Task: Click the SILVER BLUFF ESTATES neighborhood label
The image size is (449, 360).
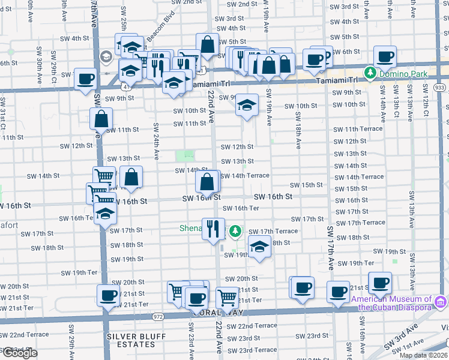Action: click(x=136, y=336)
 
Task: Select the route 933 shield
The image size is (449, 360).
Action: click(x=441, y=88)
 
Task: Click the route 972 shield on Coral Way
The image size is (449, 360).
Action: click(x=158, y=316)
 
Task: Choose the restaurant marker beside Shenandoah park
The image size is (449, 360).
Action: click(x=213, y=228)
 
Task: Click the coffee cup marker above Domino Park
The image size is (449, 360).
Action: click(x=385, y=56)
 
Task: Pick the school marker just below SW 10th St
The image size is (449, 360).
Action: click(x=247, y=104)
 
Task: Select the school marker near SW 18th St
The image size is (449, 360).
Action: click(x=259, y=247)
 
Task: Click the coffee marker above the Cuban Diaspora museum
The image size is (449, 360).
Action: click(x=379, y=282)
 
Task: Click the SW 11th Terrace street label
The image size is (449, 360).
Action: click(x=358, y=130)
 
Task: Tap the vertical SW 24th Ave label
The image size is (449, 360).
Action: click(x=155, y=142)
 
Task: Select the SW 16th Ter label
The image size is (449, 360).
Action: click(x=241, y=208)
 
